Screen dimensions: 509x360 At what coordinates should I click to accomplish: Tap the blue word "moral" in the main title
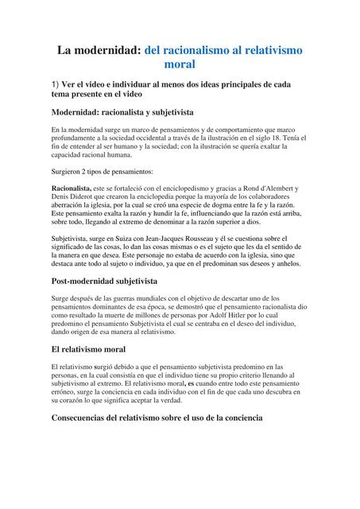coord(179,64)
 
